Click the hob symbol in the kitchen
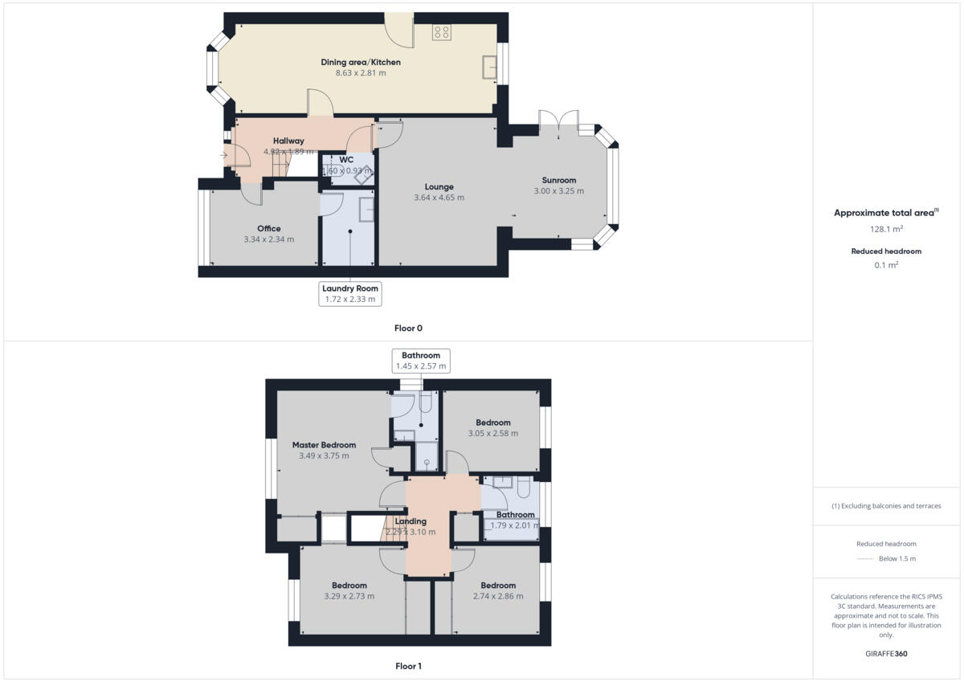[x=441, y=32]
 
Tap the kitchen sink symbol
[x=488, y=67]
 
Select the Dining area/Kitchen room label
[x=361, y=62]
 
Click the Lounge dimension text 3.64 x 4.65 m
[x=439, y=198]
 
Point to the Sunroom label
[x=558, y=180]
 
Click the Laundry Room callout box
[x=349, y=293]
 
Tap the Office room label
[x=268, y=228]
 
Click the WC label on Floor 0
[x=346, y=159]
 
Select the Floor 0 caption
[x=408, y=328]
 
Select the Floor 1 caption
[x=408, y=666]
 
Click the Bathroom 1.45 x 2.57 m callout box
[x=421, y=361]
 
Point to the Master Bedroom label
[x=324, y=444]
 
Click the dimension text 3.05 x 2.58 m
[x=492, y=434]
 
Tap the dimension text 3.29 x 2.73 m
[x=349, y=596]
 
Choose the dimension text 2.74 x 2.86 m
[x=498, y=596]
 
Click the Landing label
[x=411, y=521]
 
